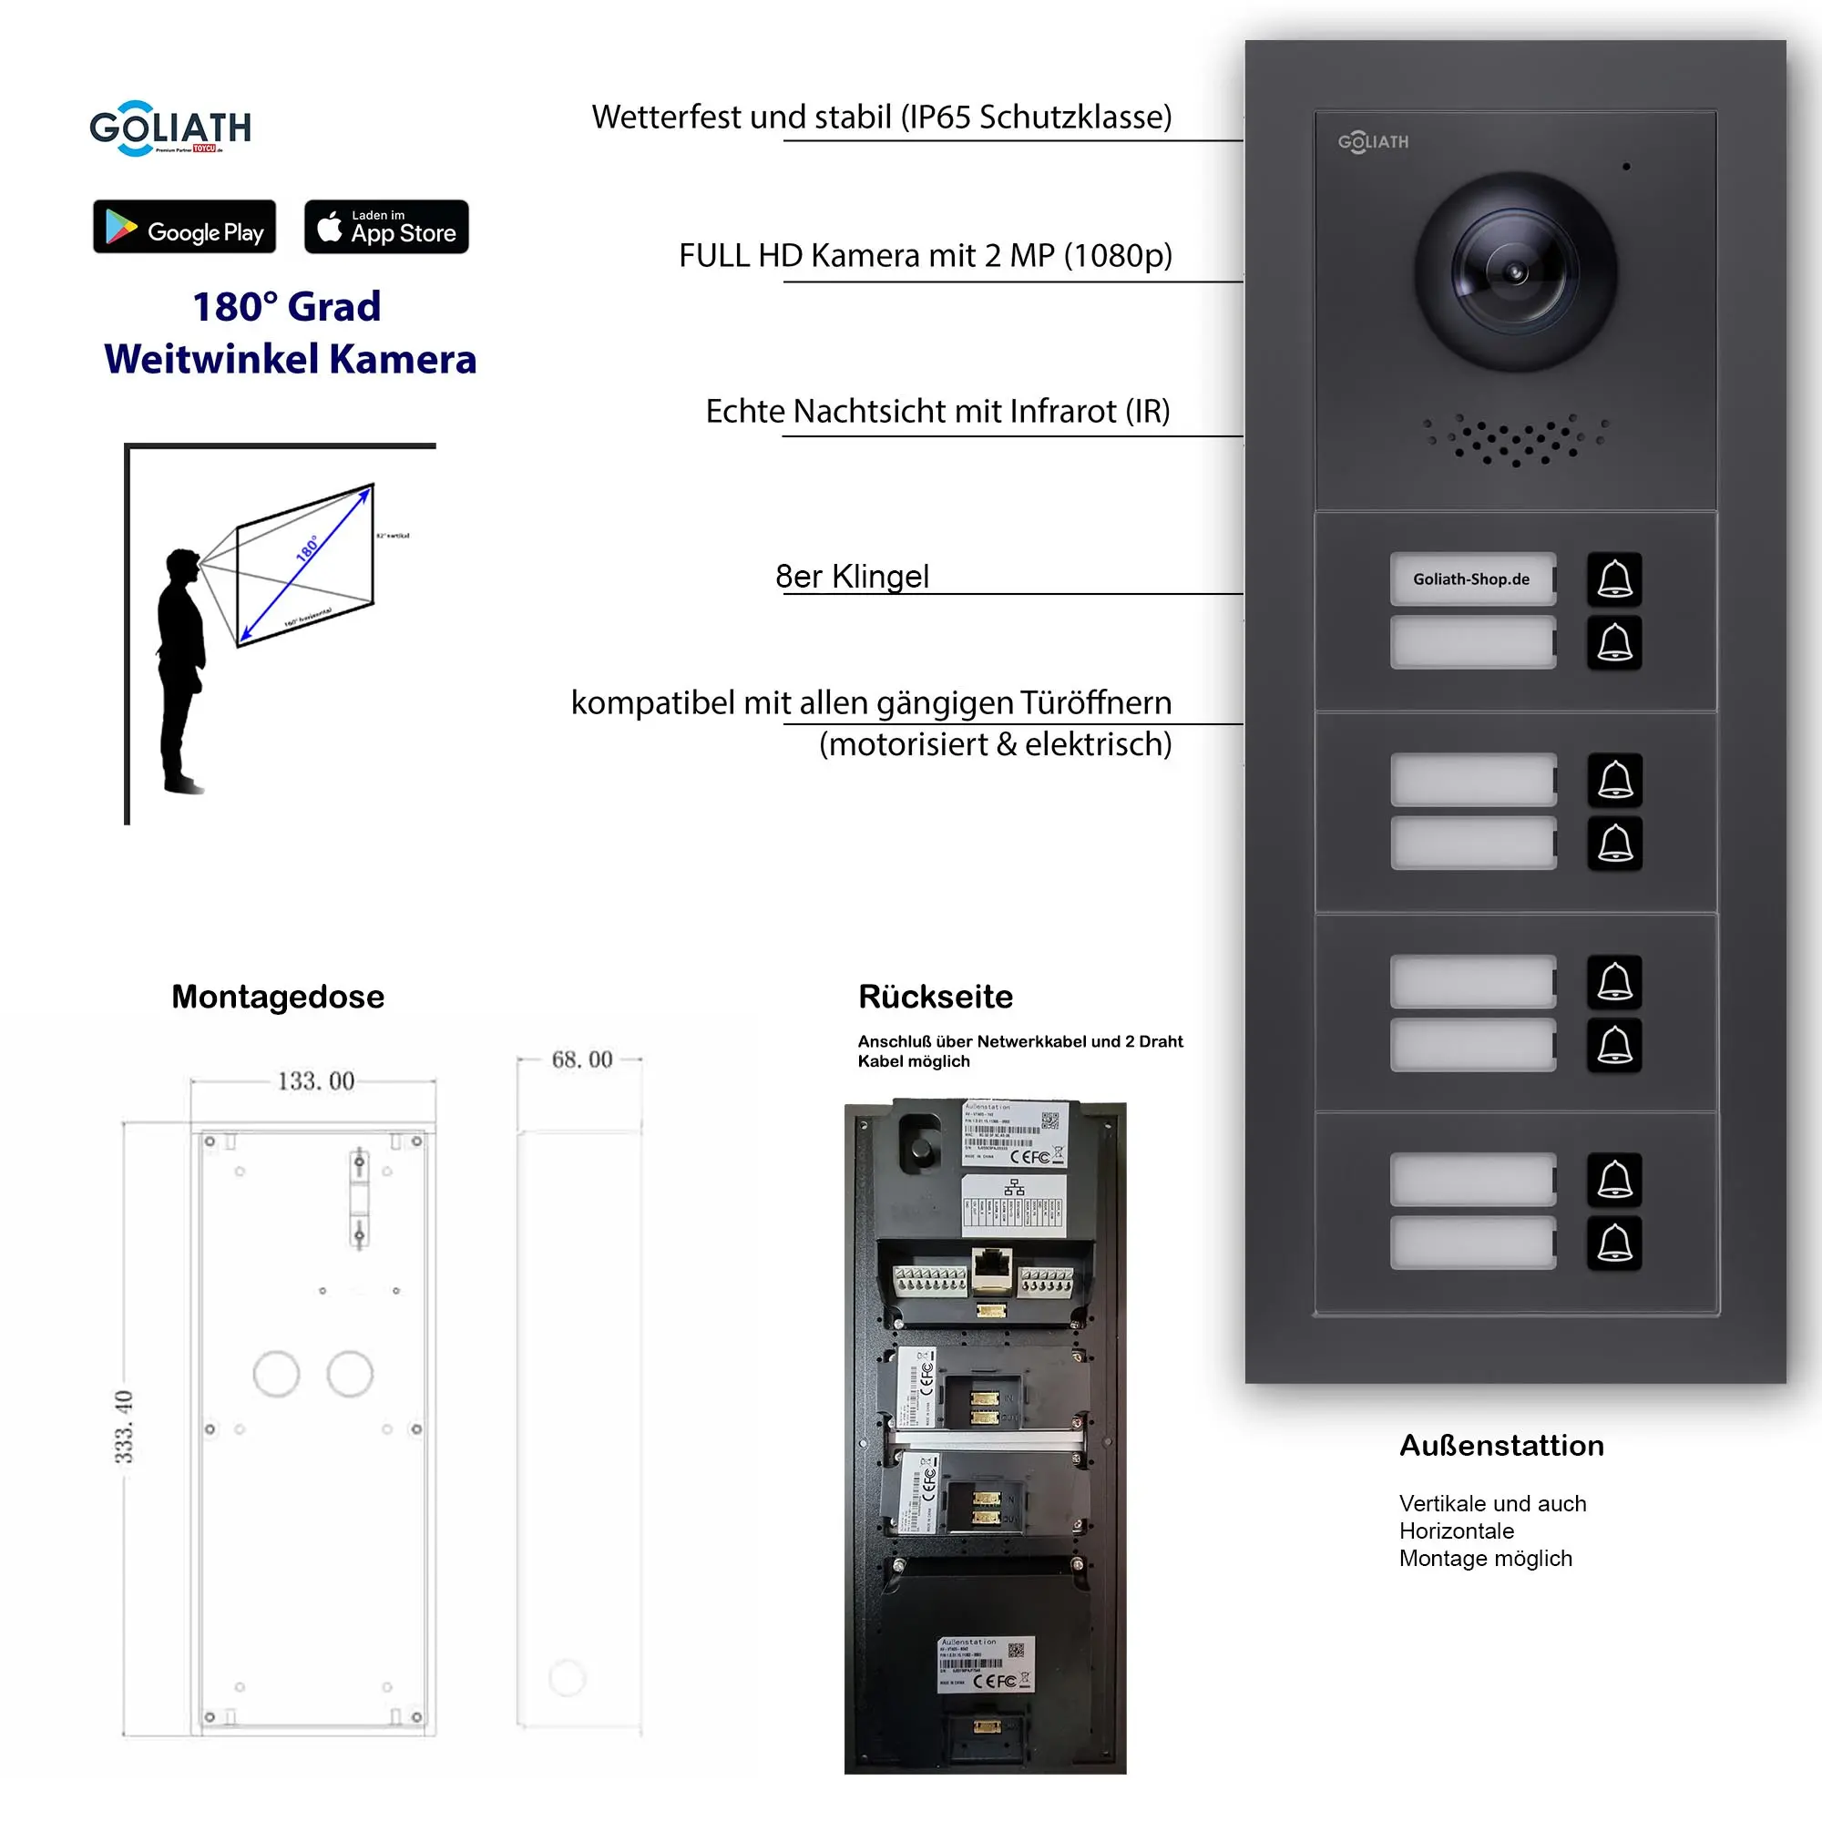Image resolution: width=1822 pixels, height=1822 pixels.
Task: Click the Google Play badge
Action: tap(184, 226)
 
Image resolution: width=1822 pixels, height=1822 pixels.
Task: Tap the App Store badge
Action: tap(385, 226)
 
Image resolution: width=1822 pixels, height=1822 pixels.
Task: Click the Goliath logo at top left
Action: tap(169, 128)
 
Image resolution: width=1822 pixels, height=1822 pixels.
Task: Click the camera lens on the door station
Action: tap(1515, 272)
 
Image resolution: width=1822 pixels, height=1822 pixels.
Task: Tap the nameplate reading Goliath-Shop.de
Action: tap(1471, 579)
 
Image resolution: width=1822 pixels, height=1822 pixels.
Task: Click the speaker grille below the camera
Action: tap(1516, 439)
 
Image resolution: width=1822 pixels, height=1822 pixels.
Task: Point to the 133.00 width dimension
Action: tap(315, 1080)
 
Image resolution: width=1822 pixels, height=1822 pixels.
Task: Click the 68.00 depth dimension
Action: tap(582, 1059)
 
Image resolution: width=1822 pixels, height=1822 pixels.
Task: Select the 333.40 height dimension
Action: tap(125, 1427)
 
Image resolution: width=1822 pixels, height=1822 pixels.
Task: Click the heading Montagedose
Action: tap(277, 997)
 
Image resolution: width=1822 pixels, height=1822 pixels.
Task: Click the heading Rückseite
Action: tap(935, 997)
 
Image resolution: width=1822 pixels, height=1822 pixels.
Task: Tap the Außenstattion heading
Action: tap(1501, 1446)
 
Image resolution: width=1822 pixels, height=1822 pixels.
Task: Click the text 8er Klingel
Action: tap(852, 577)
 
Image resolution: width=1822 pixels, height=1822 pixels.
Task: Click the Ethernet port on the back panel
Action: tap(991, 1268)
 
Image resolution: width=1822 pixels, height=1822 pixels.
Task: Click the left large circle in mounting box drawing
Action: tap(276, 1374)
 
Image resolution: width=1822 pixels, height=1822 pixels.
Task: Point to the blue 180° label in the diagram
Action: tap(307, 548)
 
